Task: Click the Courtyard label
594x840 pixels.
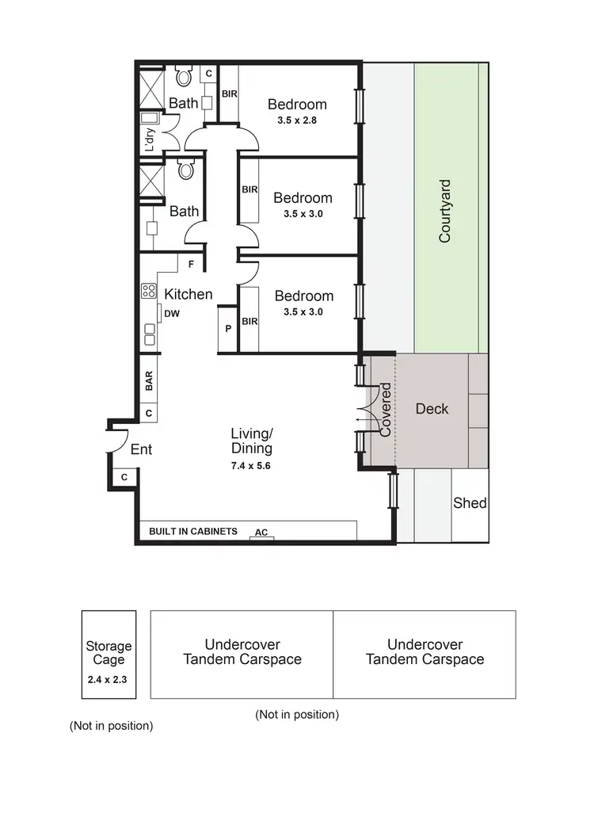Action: tap(445, 211)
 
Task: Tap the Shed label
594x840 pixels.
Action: tap(470, 503)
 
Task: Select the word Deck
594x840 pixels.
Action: tap(432, 409)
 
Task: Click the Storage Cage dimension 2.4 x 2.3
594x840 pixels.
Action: tap(109, 679)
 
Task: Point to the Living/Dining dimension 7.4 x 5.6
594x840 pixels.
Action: tap(251, 466)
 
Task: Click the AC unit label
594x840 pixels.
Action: tap(261, 533)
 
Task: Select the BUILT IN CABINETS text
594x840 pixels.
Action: tap(193, 532)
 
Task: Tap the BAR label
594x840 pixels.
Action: tap(149, 381)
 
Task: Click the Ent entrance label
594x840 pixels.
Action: tap(141, 449)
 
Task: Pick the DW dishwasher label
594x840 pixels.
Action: tap(172, 314)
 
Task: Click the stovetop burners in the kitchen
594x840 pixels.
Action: tap(147, 291)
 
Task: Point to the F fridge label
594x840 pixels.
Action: tap(191, 265)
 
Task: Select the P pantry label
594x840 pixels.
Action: tap(228, 327)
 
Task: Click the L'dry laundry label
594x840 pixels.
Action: tap(150, 139)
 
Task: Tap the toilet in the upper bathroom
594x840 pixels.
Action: tap(185, 78)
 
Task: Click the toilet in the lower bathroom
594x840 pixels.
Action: tap(186, 170)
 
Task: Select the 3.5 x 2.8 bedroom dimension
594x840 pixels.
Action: tap(297, 121)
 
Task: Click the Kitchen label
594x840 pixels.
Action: tap(188, 294)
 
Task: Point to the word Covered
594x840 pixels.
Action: tap(386, 410)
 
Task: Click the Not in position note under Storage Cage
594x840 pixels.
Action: tap(111, 725)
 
